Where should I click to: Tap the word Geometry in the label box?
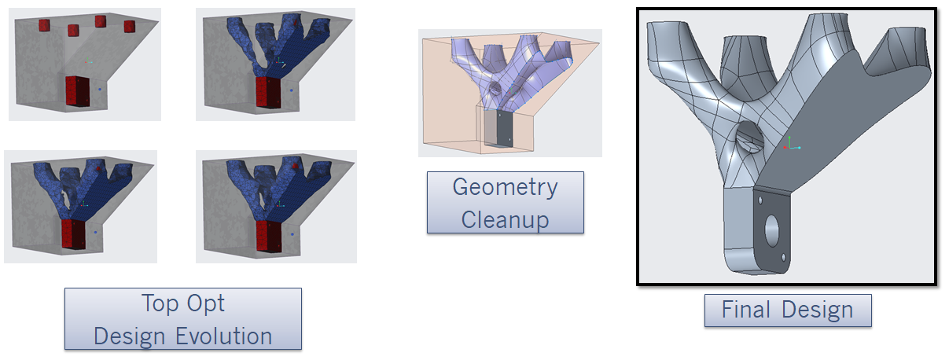click(x=505, y=188)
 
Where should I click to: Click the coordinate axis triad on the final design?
click(x=793, y=145)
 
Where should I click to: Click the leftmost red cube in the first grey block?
click(x=45, y=25)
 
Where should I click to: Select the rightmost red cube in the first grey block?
click(x=130, y=27)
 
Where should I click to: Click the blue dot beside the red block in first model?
click(x=100, y=91)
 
